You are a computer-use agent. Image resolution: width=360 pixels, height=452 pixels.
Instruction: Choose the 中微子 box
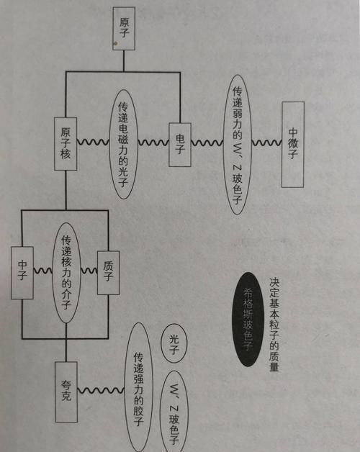293,143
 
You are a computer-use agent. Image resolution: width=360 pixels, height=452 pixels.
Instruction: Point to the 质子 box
108,271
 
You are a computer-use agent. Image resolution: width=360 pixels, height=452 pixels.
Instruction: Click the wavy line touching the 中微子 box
266,143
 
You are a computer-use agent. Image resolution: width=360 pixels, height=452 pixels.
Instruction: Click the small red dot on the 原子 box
116,44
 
